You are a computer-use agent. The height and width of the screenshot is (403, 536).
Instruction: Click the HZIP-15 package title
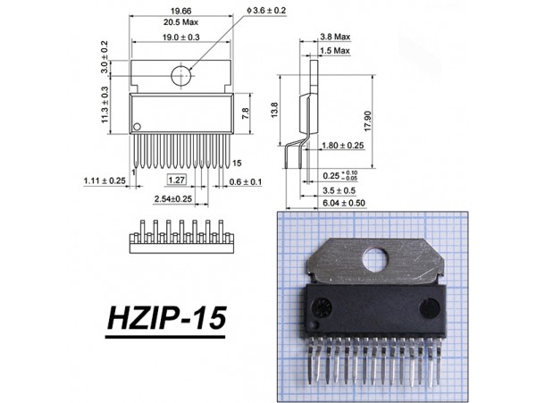tap(166, 317)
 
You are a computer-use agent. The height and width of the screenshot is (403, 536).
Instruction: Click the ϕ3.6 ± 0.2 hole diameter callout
tap(261, 10)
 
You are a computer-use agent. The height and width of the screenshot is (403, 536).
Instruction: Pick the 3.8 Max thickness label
tap(335, 38)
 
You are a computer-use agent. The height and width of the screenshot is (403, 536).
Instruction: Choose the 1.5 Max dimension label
tap(335, 51)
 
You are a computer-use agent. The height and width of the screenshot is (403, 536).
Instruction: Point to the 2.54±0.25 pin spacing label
tap(173, 197)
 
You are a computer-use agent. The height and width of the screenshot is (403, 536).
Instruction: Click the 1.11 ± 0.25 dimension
tap(104, 181)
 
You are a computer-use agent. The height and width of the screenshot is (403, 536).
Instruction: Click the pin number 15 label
tap(239, 164)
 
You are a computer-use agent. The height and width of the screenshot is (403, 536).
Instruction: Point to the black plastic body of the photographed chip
tap(379, 309)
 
